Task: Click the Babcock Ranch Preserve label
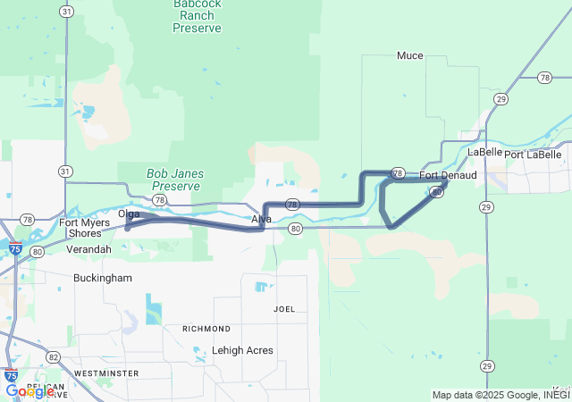[x=198, y=16]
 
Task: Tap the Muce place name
[x=410, y=55]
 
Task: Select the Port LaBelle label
[x=534, y=155]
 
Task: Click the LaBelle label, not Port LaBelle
[x=484, y=152]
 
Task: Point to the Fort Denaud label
[x=448, y=175]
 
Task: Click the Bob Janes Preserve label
[x=175, y=180]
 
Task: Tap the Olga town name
[x=129, y=214]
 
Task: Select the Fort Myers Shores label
[x=86, y=228]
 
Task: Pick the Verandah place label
[x=88, y=249]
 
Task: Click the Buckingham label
[x=103, y=278]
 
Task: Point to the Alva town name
[x=261, y=219]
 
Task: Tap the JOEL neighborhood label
[x=284, y=309]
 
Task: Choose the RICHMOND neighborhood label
[x=206, y=329]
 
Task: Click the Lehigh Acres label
[x=243, y=350]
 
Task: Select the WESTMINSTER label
[x=106, y=373]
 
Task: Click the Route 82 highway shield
[x=54, y=357]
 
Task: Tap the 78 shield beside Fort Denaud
[x=398, y=172]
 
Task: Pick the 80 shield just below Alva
[x=295, y=229]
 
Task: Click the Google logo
[x=29, y=390]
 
